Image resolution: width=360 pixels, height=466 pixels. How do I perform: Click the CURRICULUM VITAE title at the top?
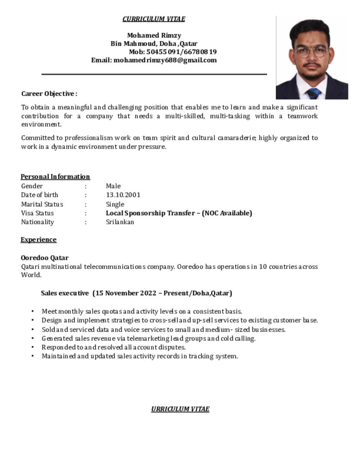pos(154,19)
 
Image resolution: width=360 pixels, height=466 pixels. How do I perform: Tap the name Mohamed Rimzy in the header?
pos(154,35)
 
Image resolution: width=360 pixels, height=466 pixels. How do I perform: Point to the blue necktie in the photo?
pos(313,93)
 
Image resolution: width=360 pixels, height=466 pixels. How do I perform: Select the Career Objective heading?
pos(49,94)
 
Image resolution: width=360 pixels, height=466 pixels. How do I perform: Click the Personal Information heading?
pos(55,177)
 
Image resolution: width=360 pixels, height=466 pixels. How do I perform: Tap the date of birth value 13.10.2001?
pos(123,195)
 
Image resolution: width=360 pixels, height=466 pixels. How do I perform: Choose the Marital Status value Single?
pos(115,204)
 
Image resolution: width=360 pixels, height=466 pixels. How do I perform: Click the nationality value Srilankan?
pos(120,222)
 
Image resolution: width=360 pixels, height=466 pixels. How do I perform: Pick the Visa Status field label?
pos(37,213)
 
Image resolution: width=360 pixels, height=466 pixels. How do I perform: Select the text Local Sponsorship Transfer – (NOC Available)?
pos(179,213)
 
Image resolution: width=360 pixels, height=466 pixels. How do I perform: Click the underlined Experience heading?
pos(39,240)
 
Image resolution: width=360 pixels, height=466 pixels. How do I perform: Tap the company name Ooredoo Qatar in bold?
pos(45,258)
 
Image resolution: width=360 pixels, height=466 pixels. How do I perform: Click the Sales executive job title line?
pos(137,293)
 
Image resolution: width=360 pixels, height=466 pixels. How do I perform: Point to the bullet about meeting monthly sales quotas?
pos(142,311)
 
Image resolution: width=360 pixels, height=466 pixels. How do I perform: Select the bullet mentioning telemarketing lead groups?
pos(148,338)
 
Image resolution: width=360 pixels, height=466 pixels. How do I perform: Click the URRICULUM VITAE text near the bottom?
pos(180,409)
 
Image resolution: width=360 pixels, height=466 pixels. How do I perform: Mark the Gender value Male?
pos(113,186)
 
